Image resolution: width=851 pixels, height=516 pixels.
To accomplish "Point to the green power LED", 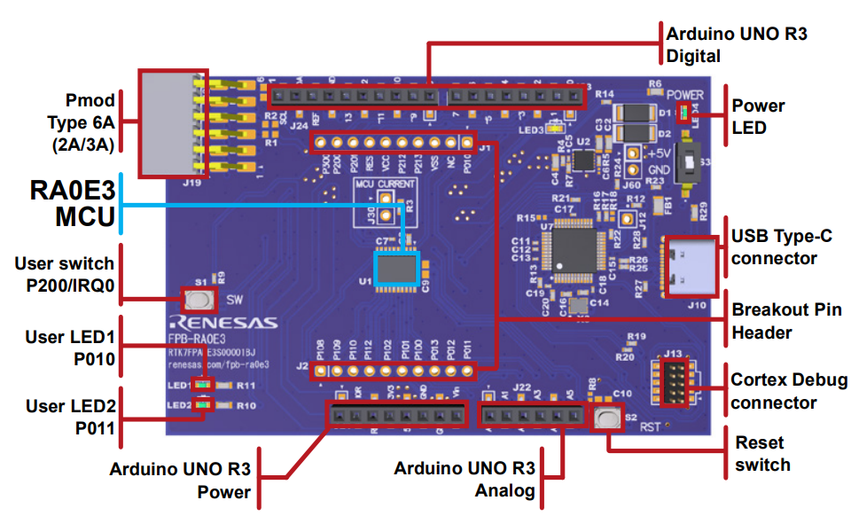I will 683,113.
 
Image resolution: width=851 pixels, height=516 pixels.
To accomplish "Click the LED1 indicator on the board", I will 203,386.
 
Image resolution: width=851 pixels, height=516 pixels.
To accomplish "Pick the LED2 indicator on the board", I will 203,405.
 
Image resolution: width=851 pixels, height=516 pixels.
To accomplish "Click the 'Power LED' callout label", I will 758,115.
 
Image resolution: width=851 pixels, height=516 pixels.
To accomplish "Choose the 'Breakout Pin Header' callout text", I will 785,320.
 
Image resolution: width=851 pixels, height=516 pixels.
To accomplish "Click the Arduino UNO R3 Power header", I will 396,414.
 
